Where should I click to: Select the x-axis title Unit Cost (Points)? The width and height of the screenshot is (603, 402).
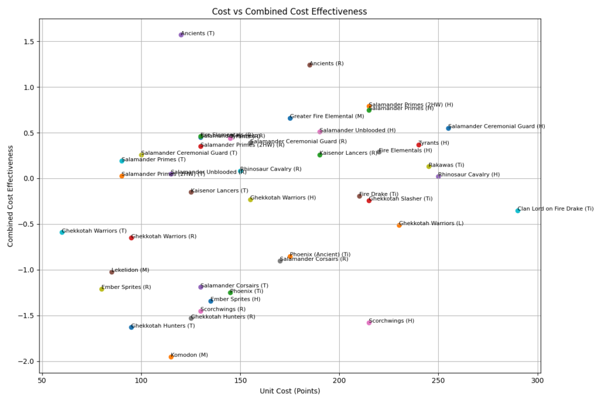(289, 391)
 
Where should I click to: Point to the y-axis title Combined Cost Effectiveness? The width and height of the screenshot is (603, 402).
(11, 196)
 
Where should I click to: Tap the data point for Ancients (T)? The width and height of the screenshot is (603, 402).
(181, 35)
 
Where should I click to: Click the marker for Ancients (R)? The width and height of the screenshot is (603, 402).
(310, 65)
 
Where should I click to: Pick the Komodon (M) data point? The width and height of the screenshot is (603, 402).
(171, 357)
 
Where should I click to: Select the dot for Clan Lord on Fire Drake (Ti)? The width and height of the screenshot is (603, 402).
(518, 210)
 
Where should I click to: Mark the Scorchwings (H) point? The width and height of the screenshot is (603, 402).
(369, 323)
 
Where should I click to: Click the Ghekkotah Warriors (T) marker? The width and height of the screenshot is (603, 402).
(62, 232)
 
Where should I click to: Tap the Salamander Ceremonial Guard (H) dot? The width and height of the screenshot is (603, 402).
(448, 128)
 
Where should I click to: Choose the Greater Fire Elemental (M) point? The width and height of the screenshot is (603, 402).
(290, 118)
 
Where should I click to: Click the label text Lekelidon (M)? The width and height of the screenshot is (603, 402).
(131, 270)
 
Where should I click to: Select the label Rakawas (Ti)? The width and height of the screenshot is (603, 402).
(446, 165)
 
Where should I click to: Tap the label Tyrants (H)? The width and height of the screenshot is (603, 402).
(433, 143)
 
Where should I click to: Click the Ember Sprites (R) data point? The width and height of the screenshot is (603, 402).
(101, 288)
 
